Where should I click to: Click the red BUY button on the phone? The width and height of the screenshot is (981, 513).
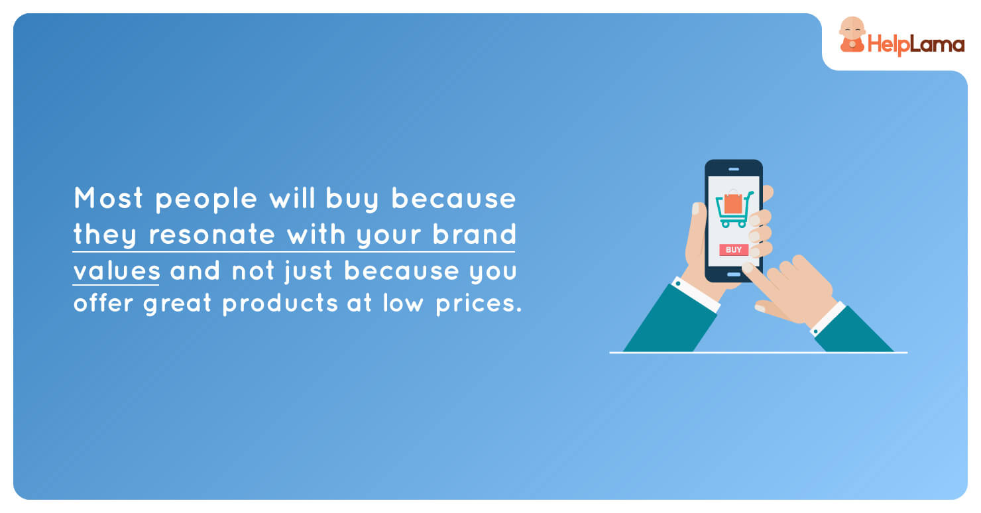[734, 250]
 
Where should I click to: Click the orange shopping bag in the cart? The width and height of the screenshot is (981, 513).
[733, 202]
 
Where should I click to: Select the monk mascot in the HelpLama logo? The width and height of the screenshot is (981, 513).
[852, 34]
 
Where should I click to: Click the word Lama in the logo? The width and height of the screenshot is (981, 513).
[938, 44]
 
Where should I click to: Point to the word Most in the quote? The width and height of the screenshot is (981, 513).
[108, 198]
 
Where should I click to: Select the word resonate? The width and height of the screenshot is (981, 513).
[211, 235]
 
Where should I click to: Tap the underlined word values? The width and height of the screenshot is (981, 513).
[117, 270]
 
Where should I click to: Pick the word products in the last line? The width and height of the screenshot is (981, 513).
[280, 303]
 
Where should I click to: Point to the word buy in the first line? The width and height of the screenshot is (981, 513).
[352, 199]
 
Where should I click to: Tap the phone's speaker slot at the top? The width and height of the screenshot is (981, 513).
[734, 169]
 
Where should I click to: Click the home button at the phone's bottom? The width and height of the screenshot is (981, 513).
[734, 274]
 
